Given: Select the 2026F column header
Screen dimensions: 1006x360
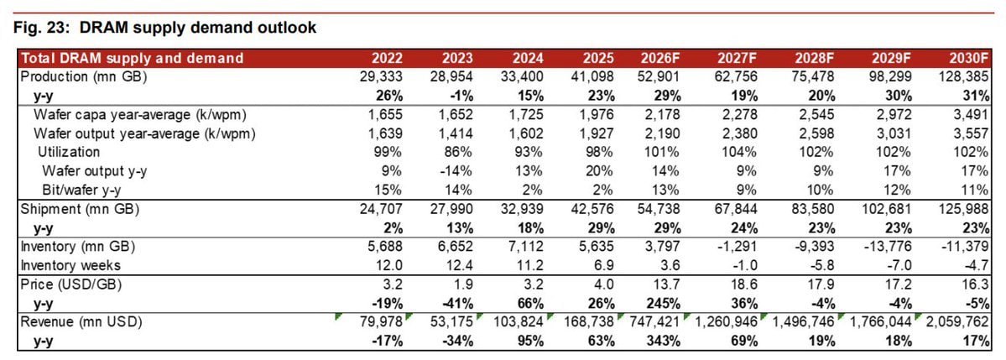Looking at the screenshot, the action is [x=660, y=59].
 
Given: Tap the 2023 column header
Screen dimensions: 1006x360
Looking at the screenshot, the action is [x=457, y=59].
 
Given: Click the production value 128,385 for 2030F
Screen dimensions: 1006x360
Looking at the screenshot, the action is [x=964, y=77].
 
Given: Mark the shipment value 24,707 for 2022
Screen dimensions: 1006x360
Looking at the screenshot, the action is [x=381, y=209].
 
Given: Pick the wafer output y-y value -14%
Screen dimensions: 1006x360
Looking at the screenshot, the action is [x=459, y=171].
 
